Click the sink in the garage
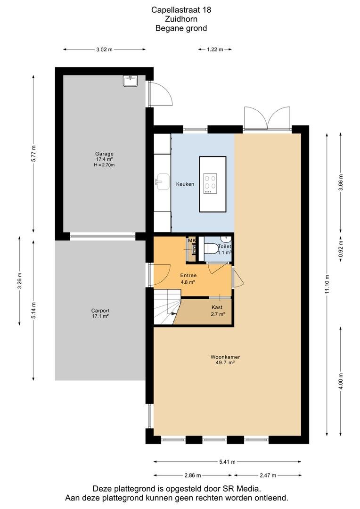pos(131,81)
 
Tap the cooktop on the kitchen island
pos(210,184)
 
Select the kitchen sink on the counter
pos(163,182)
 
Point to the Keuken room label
pos(185,184)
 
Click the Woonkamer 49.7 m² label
pos(225,360)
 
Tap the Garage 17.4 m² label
pos(104,159)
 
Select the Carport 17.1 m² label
pos(100,313)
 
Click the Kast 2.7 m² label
pos(217,310)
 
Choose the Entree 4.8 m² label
pos(188,279)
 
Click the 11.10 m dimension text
pos(327,285)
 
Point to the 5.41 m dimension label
pos(227,461)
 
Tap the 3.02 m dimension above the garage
pos(104,49)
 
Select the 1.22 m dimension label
pos(215,49)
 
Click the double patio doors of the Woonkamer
pos(267,118)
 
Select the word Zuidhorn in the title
pos(181,19)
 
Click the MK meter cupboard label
pos(192,240)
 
